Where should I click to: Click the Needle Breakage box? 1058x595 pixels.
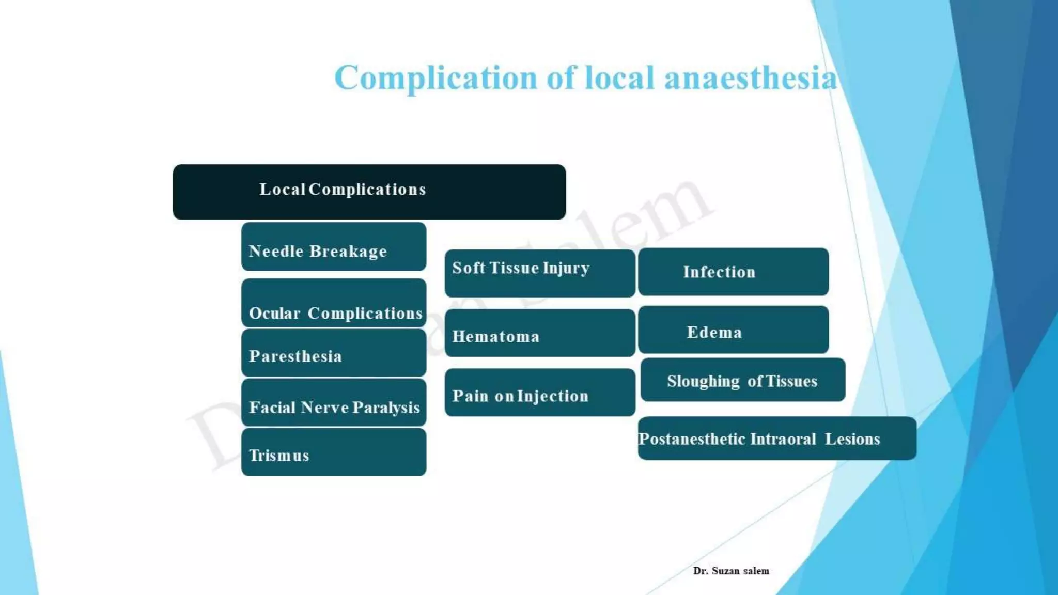pos(334,247)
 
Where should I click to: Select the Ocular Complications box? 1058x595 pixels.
pos(334,304)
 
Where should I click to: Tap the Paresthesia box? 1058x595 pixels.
pos(334,353)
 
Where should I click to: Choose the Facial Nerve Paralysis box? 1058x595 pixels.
pos(334,403)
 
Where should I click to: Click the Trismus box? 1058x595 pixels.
pos(334,452)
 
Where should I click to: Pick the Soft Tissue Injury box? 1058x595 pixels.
pos(540,273)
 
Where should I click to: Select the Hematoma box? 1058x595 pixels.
pos(540,333)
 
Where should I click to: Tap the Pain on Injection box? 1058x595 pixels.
pos(540,393)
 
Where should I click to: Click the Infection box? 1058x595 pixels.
pos(733,272)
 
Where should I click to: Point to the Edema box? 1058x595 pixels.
pos(733,330)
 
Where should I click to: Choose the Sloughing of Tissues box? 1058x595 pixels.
pos(742,380)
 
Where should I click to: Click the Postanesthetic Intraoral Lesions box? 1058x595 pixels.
pos(777,439)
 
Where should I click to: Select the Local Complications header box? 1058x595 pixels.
pos(369,192)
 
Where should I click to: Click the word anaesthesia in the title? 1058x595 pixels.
pos(750,79)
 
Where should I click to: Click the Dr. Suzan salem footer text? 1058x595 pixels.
pos(731,571)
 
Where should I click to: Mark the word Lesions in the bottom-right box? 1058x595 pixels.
pos(852,439)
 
